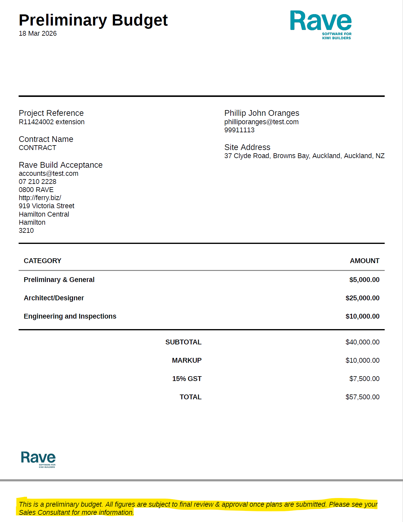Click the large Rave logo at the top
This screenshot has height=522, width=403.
(321, 25)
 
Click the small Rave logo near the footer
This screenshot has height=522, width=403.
(38, 459)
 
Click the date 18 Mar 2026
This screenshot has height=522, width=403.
(38, 33)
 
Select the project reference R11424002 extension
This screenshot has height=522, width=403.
(52, 122)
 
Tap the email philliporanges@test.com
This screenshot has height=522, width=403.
(261, 122)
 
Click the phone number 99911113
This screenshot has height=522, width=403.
(239, 130)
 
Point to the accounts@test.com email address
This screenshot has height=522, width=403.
(48, 173)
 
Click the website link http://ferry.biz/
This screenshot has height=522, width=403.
(40, 198)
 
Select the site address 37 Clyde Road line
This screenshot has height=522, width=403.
(304, 156)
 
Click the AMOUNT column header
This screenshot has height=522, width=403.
(365, 261)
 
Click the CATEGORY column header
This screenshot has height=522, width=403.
(42, 261)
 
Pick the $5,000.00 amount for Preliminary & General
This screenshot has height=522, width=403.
(364, 280)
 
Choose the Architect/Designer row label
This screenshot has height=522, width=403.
(54, 298)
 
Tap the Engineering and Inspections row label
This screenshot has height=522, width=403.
(70, 316)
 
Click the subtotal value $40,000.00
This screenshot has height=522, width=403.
(362, 342)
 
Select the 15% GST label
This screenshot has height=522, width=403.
(187, 379)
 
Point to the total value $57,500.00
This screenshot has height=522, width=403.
(362, 397)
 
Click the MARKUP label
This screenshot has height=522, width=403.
(186, 360)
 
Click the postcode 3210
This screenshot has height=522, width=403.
(26, 230)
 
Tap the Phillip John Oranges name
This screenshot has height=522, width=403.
(262, 113)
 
